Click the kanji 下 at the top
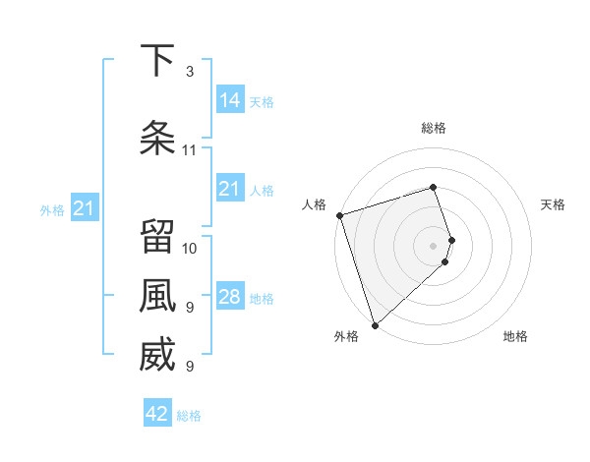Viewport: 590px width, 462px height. coord(157,61)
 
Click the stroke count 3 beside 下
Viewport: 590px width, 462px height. coord(190,72)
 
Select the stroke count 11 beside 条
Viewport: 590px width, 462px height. coord(190,150)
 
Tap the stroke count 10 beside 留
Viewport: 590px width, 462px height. coord(190,248)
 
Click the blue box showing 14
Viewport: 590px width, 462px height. coord(230,99)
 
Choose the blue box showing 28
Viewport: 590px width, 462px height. coord(230,297)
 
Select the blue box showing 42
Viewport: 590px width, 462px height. coord(157,414)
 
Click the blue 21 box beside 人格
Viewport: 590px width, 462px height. coord(230,189)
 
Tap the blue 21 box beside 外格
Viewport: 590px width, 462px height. coord(84,208)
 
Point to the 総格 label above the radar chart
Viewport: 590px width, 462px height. coord(434,128)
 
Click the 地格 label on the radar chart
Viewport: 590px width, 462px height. coord(515,337)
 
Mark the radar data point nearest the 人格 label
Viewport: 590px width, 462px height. coord(339,215)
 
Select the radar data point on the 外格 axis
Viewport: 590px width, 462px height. coord(375,324)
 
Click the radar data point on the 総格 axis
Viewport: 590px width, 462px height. coord(434,187)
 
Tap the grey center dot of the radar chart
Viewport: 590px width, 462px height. coord(434,245)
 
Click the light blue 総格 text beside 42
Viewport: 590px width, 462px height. coord(189,416)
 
